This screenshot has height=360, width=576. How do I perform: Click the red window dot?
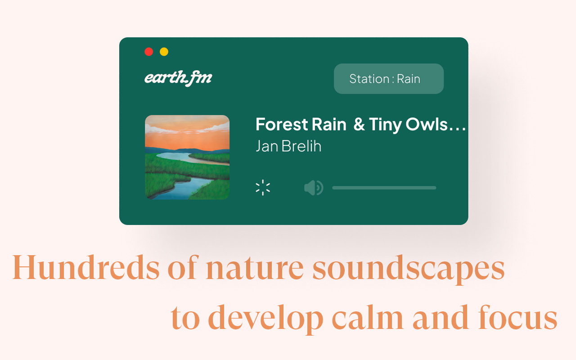[x=149, y=52]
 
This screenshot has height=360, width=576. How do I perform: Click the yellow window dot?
[x=164, y=52]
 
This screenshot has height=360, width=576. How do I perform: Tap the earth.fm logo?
[x=178, y=78]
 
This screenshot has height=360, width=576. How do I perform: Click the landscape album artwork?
[x=187, y=157]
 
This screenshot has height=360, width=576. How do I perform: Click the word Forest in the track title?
[x=282, y=125]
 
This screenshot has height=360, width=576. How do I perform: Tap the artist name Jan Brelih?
[x=288, y=146]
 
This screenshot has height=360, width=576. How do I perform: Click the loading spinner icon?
[x=263, y=188]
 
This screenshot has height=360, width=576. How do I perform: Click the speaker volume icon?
[x=314, y=188]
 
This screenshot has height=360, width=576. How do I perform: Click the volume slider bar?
[x=384, y=188]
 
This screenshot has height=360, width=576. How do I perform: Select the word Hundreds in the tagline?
[x=85, y=268]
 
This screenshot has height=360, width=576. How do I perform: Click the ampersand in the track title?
[x=359, y=125]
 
